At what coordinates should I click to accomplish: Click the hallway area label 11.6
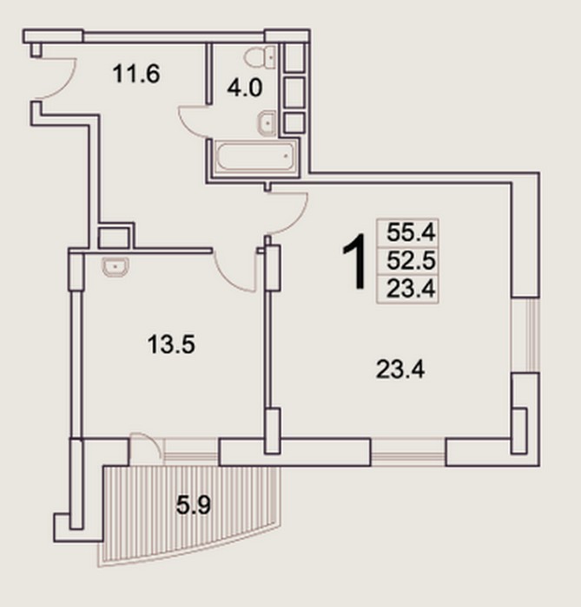(136, 74)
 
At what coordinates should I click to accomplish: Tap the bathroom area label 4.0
(245, 88)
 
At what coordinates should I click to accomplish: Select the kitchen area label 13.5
(171, 344)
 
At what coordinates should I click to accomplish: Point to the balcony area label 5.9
(194, 506)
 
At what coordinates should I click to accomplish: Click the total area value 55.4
(411, 232)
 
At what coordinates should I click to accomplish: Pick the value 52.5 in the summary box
(411, 260)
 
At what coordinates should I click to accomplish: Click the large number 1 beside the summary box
(355, 261)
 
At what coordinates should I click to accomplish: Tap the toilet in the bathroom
(260, 58)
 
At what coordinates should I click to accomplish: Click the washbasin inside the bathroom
(267, 123)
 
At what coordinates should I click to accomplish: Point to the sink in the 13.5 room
(116, 267)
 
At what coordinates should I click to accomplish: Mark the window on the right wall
(525, 335)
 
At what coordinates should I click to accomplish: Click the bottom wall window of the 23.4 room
(408, 452)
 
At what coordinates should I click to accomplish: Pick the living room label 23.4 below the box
(400, 369)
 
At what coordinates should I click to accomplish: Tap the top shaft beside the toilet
(294, 57)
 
